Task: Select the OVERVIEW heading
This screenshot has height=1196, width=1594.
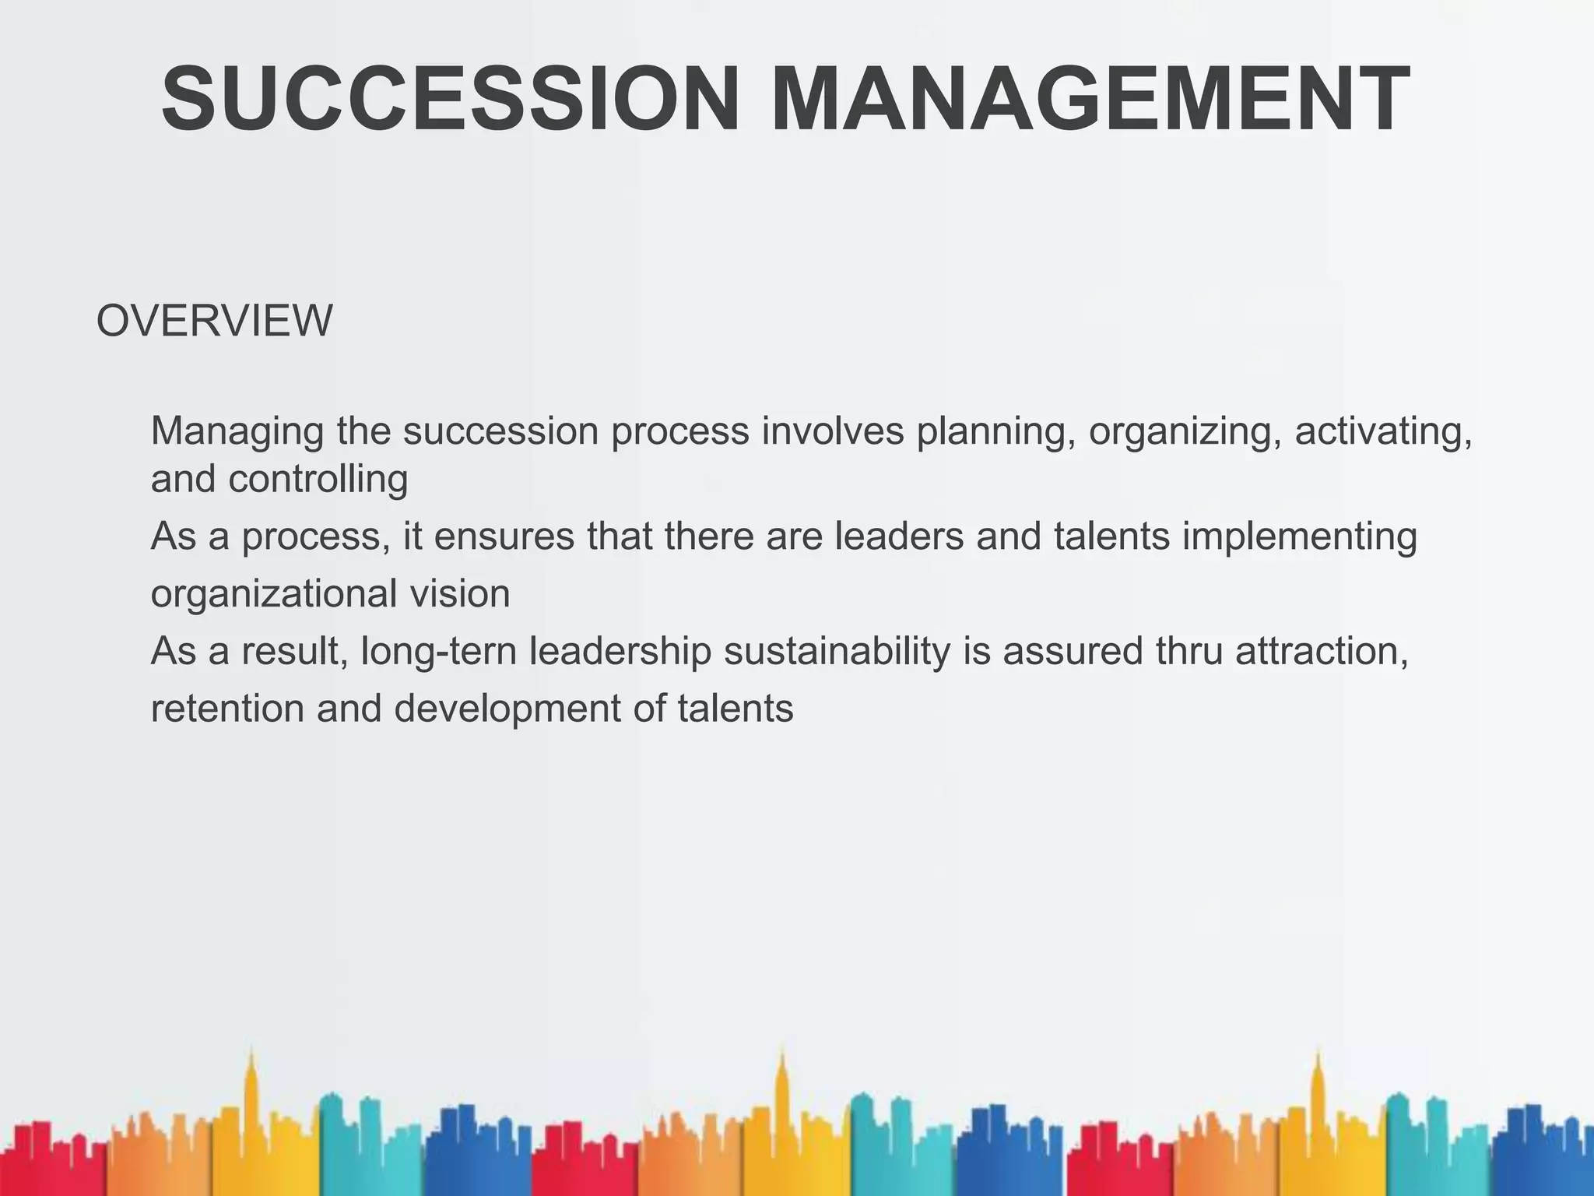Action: tap(214, 320)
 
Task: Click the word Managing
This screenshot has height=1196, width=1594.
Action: tap(237, 431)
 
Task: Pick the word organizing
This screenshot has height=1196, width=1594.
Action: tap(1185, 431)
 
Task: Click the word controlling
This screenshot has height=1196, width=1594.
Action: tap(318, 478)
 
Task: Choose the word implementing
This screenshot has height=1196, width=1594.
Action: tap(1299, 537)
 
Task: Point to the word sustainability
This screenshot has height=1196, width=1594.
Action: tap(837, 652)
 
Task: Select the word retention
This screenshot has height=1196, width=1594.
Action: tap(227, 709)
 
